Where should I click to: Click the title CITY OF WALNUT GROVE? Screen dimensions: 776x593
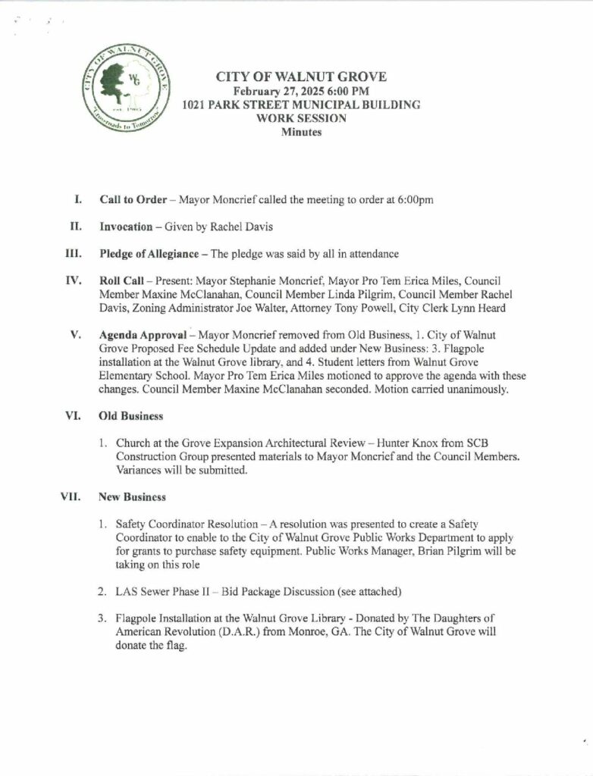[x=301, y=77]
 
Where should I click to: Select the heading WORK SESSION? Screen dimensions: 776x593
[x=301, y=118]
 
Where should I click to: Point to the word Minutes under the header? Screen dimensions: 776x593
[x=301, y=132]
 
